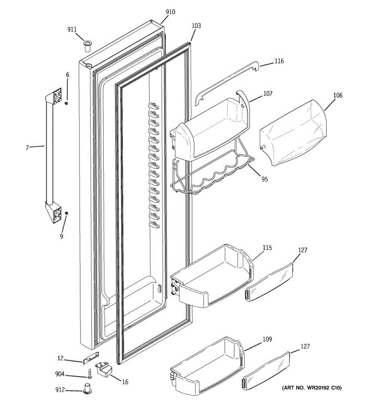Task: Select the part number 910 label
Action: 170,12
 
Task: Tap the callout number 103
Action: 196,26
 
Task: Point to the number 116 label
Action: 279,61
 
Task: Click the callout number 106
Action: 338,95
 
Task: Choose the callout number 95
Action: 265,179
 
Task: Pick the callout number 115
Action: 267,248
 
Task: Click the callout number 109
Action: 267,339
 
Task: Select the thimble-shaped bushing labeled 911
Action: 88,45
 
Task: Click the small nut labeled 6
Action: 67,103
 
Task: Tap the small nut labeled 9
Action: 66,213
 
